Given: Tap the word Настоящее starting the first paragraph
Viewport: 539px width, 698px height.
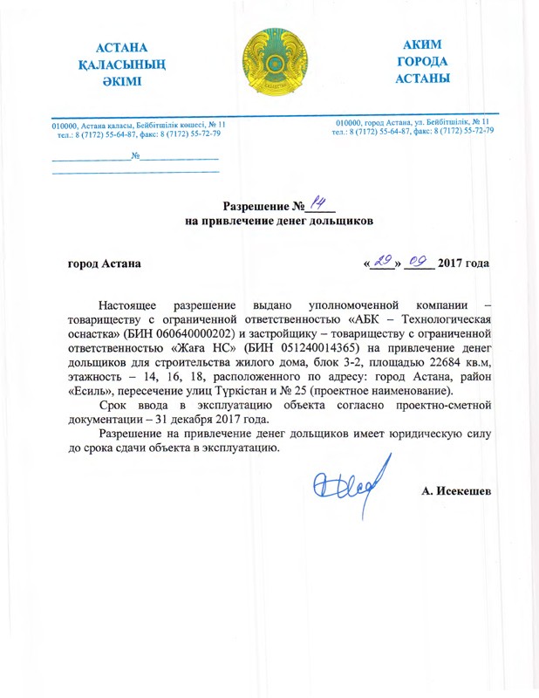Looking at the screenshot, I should [x=127, y=305].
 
